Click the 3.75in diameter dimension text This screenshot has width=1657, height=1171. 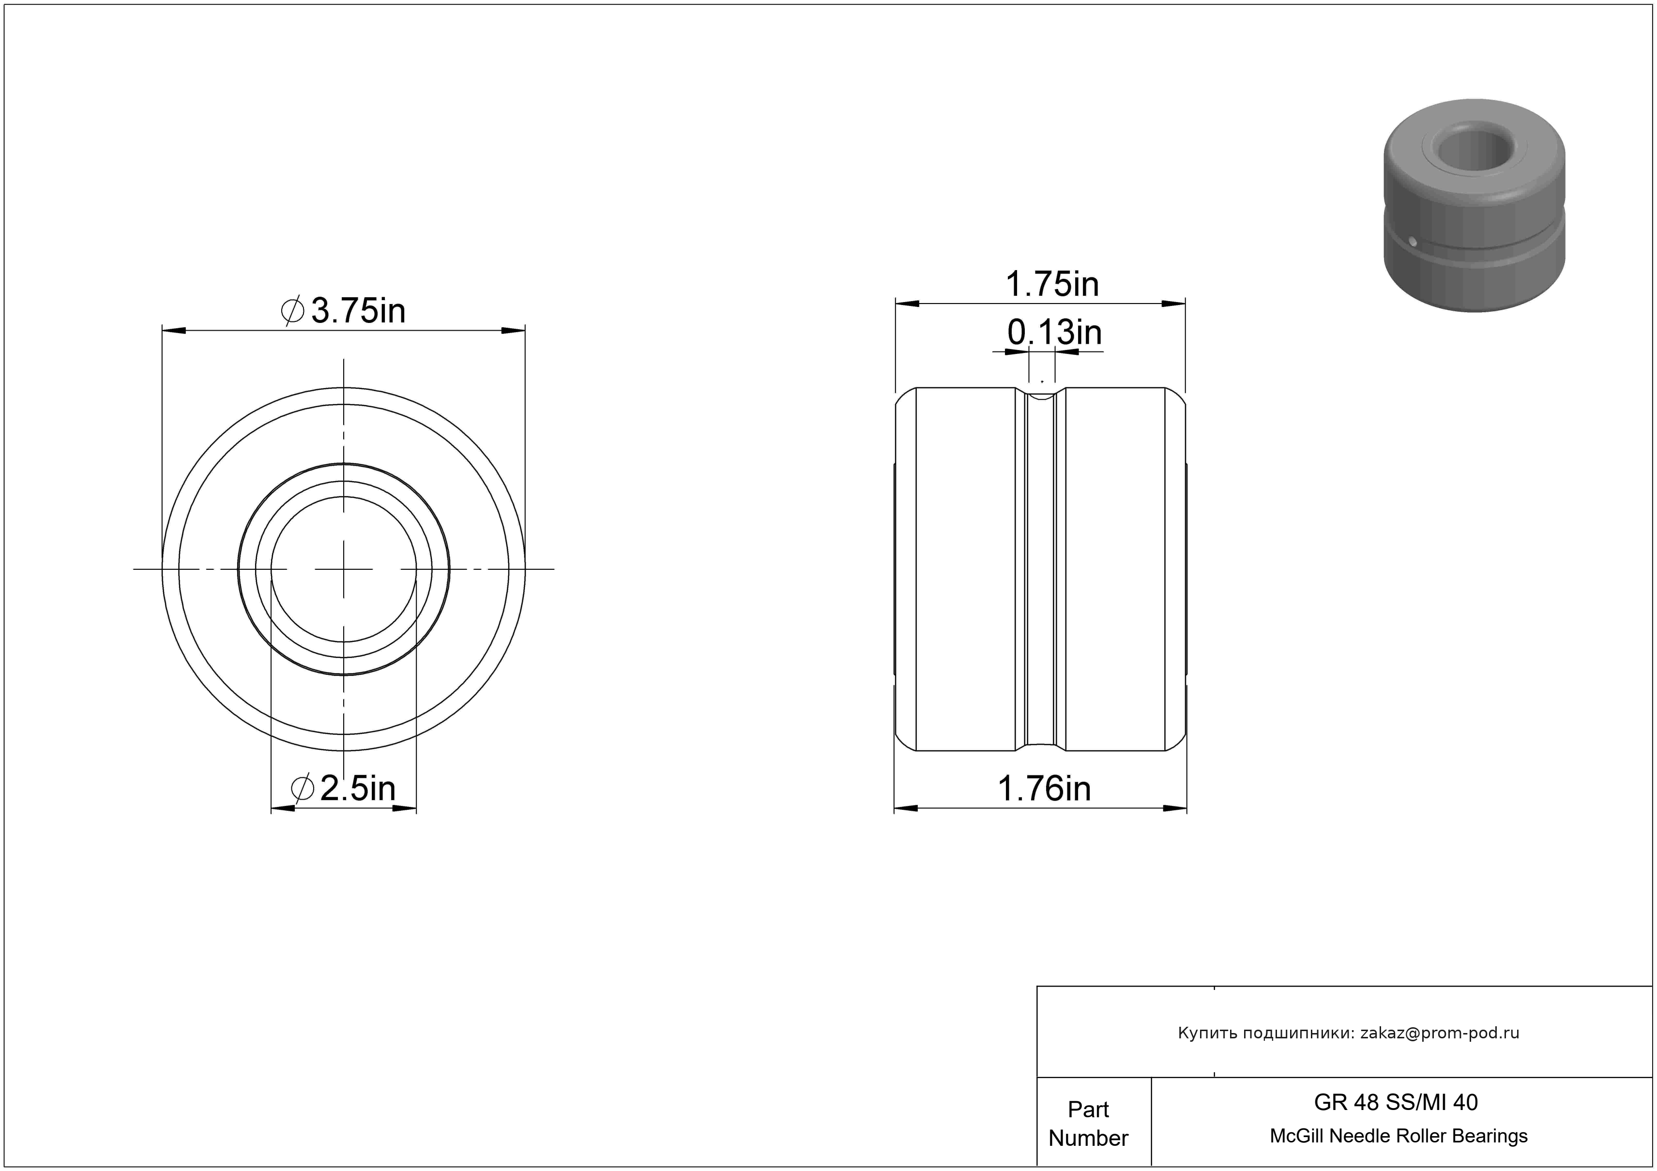[358, 311]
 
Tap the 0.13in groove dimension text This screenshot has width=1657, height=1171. [1054, 333]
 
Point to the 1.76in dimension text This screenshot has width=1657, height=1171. [1044, 789]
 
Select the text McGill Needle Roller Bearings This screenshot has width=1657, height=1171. [1399, 1136]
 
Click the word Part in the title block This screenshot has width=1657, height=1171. [1088, 1109]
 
